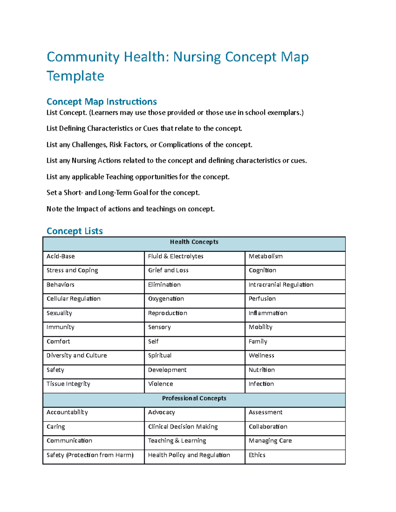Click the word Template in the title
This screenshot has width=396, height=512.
(x=75, y=76)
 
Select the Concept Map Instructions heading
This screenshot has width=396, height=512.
(x=102, y=102)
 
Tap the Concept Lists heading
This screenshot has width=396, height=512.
(x=75, y=231)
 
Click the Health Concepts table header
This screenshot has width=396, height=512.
(x=194, y=242)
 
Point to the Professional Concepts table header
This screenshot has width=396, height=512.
(x=194, y=398)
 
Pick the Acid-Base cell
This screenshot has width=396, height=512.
(x=61, y=256)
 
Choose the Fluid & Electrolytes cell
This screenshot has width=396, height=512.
(x=176, y=256)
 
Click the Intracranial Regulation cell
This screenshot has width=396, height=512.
(x=281, y=285)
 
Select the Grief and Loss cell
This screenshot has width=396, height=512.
(x=168, y=270)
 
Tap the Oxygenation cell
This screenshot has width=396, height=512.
(x=166, y=299)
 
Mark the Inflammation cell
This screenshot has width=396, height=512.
(x=268, y=313)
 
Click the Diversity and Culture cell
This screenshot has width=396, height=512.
(x=77, y=355)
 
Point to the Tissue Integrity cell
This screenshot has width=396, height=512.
(x=68, y=384)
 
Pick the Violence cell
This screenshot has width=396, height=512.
(x=160, y=384)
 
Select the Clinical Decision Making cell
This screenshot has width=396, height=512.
(x=183, y=427)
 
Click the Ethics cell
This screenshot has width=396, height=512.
(x=257, y=455)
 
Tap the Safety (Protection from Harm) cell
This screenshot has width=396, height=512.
(x=90, y=455)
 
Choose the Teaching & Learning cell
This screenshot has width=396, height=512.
(x=177, y=441)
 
